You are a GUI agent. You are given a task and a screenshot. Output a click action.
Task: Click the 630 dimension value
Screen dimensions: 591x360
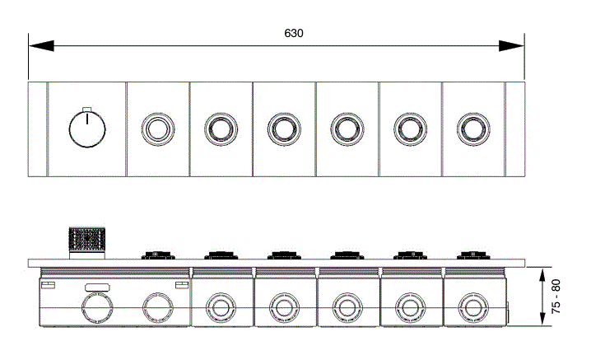pyautogui.click(x=294, y=33)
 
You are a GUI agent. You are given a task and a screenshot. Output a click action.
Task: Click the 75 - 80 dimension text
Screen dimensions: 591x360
pyautogui.click(x=556, y=297)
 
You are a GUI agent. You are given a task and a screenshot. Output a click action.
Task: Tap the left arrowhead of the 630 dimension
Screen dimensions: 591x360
pyautogui.click(x=41, y=45)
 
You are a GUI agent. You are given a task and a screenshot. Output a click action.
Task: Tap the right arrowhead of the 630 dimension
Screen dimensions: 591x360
pyautogui.click(x=511, y=45)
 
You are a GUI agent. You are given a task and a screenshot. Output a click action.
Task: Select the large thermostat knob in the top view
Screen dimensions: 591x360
pyautogui.click(x=87, y=129)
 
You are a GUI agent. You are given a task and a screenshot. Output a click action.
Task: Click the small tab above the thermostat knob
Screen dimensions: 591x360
pyautogui.click(x=87, y=110)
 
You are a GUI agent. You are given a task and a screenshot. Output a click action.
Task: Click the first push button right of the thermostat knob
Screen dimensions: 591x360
pyautogui.click(x=158, y=129)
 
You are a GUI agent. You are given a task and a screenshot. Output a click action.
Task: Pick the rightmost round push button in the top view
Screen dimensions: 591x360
pyautogui.click(x=473, y=129)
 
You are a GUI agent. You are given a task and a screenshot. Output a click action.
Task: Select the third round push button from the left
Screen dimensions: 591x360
pyautogui.click(x=284, y=129)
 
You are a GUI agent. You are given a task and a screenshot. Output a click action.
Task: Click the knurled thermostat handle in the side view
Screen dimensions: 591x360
pyautogui.click(x=87, y=240)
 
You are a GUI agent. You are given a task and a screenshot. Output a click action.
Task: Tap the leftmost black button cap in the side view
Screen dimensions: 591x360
pyautogui.click(x=158, y=255)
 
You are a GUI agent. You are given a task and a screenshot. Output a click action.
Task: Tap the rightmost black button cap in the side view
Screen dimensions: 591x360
pyautogui.click(x=473, y=255)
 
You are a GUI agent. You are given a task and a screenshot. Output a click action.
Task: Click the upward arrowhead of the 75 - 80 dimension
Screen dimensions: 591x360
pyautogui.click(x=542, y=275)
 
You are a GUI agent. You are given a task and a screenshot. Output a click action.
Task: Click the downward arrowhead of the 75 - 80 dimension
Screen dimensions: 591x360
pyautogui.click(x=542, y=317)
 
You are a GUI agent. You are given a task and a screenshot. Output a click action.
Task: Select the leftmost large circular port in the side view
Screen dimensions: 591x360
pyautogui.click(x=97, y=307)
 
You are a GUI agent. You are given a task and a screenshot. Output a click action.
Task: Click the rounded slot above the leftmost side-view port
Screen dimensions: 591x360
pyautogui.click(x=98, y=288)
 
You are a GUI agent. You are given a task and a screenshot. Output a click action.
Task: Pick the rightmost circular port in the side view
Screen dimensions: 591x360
pyautogui.click(x=473, y=308)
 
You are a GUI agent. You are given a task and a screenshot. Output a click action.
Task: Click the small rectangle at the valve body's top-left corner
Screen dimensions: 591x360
pyautogui.click(x=48, y=285)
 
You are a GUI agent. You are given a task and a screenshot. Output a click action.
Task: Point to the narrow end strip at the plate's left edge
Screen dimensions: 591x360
pyautogui.click(x=38, y=129)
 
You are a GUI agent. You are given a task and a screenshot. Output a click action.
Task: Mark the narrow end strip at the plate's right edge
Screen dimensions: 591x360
pyautogui.click(x=515, y=129)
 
